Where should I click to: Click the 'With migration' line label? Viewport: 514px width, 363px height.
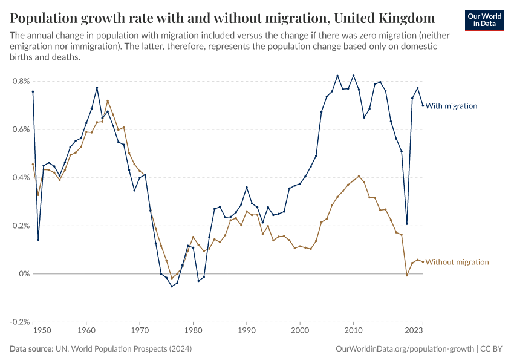click(x=451, y=106)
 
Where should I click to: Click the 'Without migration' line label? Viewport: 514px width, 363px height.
click(x=457, y=262)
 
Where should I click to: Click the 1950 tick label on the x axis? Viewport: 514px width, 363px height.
click(x=41, y=331)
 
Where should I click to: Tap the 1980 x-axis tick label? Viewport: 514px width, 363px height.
click(x=193, y=331)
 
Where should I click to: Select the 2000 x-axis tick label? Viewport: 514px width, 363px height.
click(x=300, y=331)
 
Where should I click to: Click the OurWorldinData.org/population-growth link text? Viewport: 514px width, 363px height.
click(x=403, y=349)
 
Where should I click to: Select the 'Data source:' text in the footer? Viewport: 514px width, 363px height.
click(x=31, y=349)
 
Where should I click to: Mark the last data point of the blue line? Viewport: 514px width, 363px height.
click(x=423, y=105)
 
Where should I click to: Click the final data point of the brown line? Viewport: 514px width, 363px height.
click(x=423, y=261)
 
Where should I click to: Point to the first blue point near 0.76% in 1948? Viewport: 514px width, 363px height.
click(x=33, y=91)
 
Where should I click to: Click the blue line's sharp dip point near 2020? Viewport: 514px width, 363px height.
click(x=407, y=224)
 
